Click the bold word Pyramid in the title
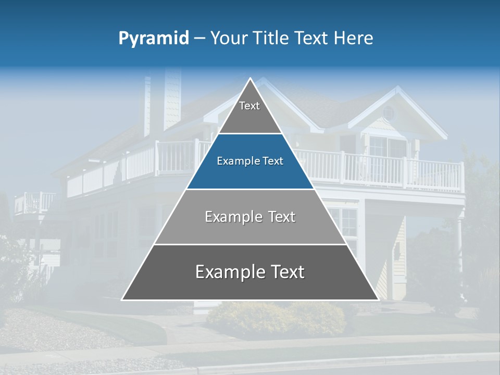[154, 38]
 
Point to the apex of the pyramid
[251, 79]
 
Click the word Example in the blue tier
[233, 161]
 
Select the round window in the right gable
[389, 113]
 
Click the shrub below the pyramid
[276, 318]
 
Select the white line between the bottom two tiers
[250, 244]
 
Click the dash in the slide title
[199, 38]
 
